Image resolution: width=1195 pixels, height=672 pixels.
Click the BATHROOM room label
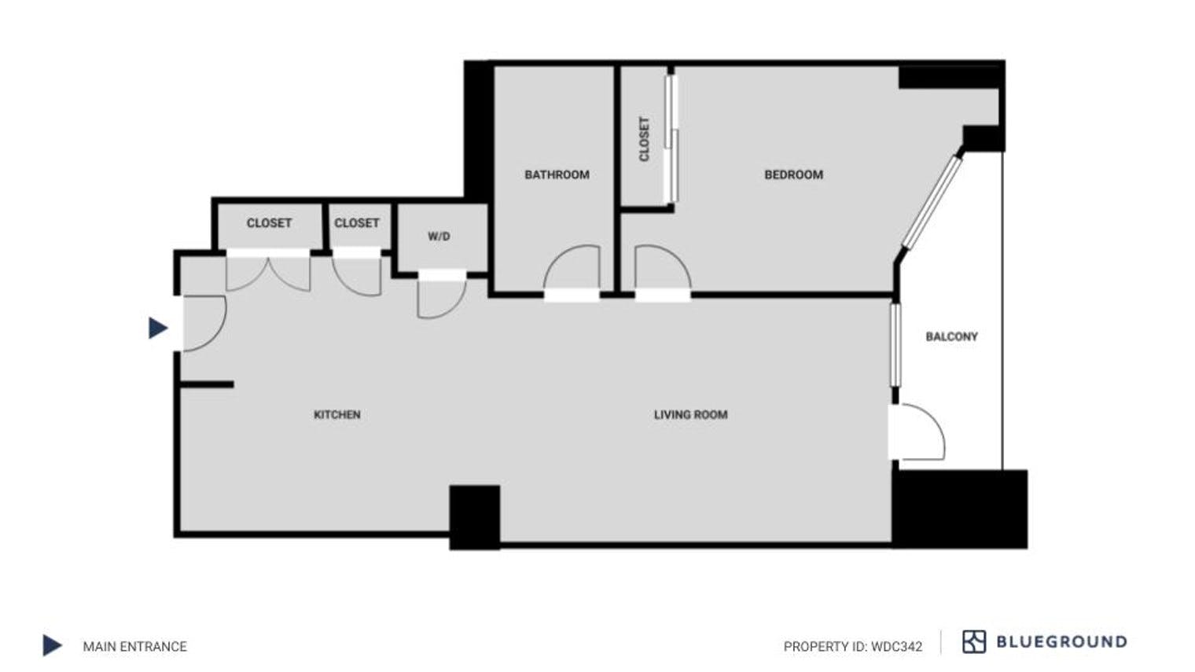pos(557,174)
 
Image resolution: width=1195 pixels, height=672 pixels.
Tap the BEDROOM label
pos(793,174)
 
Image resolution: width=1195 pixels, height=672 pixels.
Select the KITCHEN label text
pos(336,414)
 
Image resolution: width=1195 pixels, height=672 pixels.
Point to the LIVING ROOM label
pos(690,414)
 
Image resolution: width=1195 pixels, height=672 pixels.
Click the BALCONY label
pos(951,336)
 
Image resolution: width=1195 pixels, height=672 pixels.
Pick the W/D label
pos(439,236)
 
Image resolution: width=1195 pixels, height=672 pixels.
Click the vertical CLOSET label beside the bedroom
pos(645,139)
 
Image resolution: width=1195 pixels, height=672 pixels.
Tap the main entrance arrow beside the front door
pos(158,328)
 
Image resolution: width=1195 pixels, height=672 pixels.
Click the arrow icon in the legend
pos(52,645)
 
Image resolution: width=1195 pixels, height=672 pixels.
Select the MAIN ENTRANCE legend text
pos(134,646)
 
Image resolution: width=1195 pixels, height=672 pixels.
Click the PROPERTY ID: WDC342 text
pos(852,646)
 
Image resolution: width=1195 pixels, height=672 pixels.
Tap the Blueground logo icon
pos(973,641)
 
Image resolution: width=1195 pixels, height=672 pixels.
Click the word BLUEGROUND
pos(1061,641)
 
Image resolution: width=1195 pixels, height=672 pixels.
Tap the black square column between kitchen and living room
pos(474,516)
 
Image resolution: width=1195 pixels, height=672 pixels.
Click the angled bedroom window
pos(932,201)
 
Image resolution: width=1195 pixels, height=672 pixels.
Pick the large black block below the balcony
pos(960,508)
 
